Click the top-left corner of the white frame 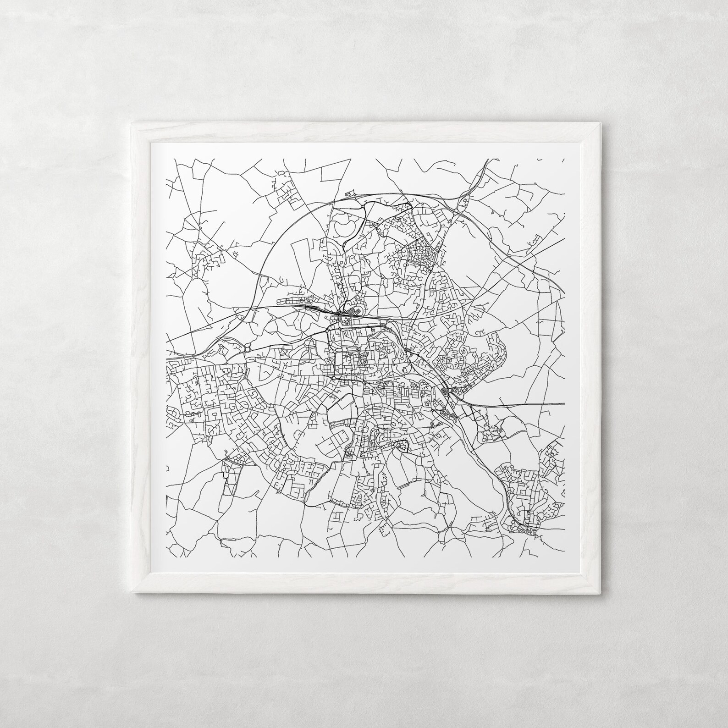pos(132,122)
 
